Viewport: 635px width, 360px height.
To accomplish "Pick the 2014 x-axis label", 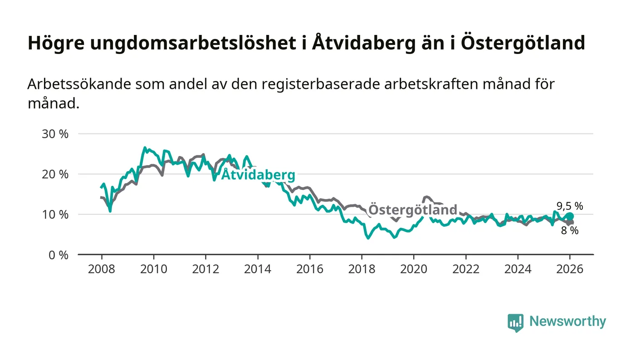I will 258,269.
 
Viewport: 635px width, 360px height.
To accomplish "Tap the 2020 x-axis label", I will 414,269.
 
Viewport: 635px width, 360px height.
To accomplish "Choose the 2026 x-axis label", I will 570,269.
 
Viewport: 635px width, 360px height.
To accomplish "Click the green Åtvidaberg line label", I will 258,175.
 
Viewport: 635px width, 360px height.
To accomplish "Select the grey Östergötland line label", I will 412,210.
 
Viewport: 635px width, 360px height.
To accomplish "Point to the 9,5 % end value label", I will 570,206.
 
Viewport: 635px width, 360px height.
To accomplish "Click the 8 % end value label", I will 570,230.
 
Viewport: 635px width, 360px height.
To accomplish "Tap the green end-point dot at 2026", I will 570,216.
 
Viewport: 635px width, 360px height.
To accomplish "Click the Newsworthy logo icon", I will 515,322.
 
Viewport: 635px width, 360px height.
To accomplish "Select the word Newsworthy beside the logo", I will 567,321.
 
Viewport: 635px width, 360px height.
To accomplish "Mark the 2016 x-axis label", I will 310,269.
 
